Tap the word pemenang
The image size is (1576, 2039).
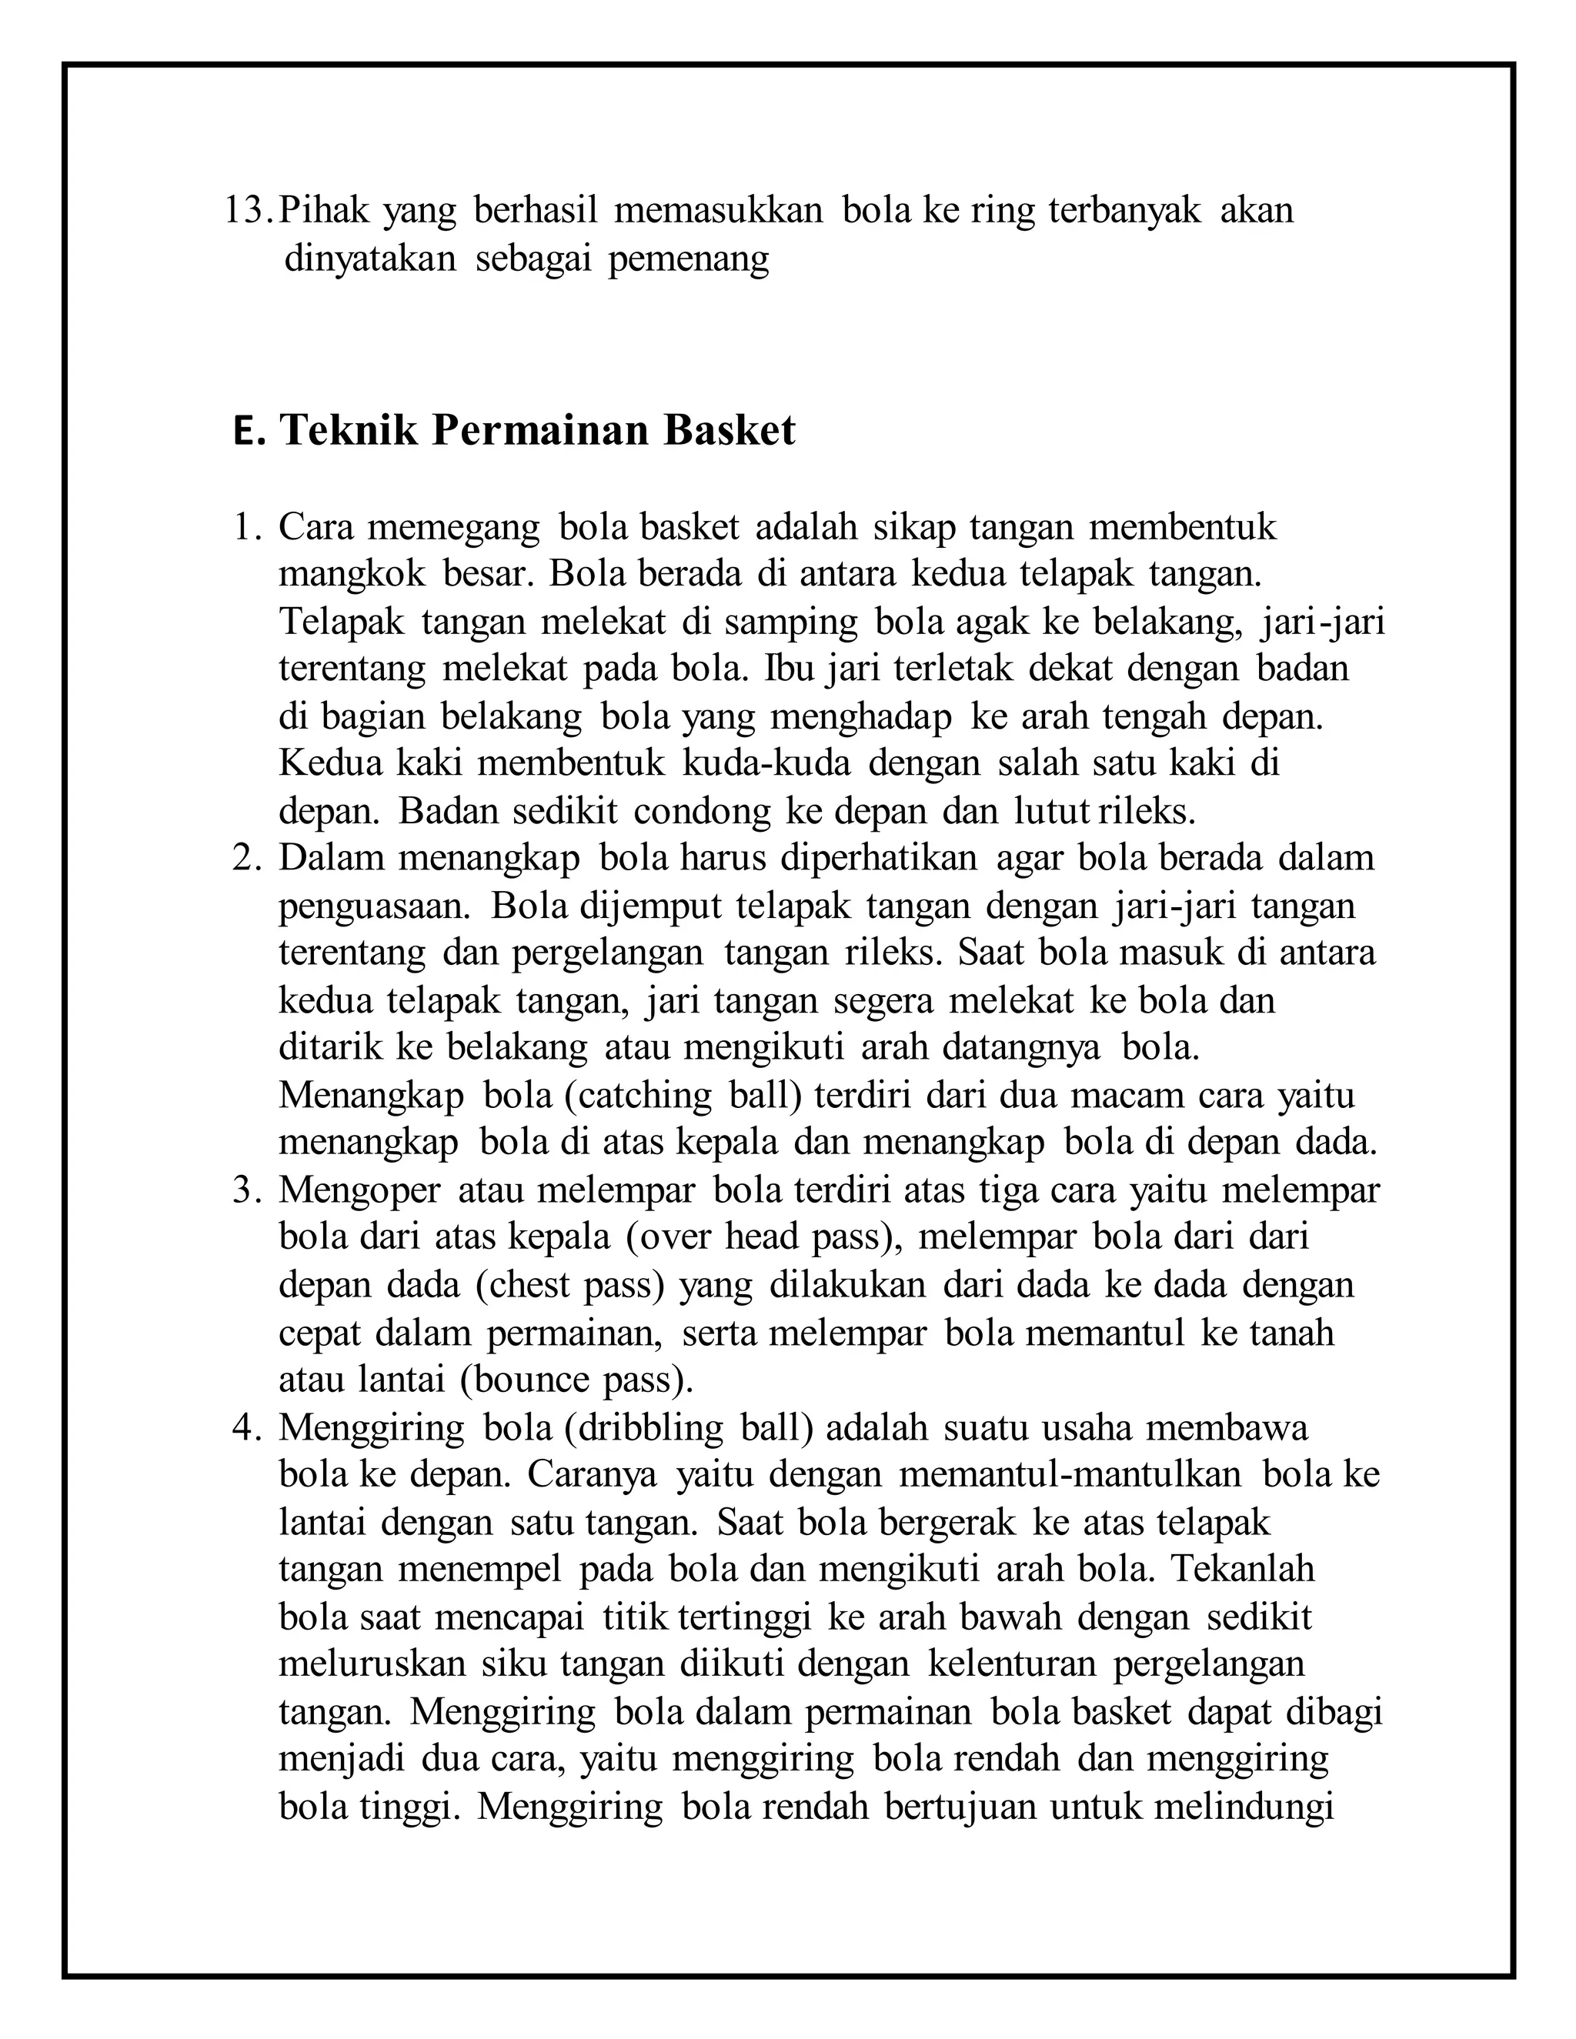688,259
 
